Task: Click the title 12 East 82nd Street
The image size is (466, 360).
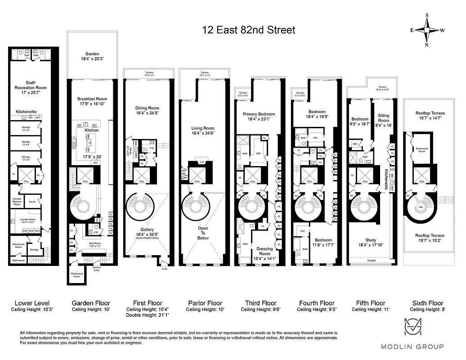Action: point(249,30)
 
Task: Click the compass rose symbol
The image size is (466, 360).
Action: point(427,30)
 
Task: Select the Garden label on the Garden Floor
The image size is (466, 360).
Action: point(92,54)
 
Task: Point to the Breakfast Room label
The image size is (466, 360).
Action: point(92,99)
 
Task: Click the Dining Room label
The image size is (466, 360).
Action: point(148,108)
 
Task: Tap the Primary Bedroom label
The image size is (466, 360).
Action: point(259,114)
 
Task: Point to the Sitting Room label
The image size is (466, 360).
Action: point(383,118)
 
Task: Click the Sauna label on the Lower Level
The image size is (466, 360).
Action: point(32,202)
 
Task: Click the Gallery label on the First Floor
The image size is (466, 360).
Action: point(147,229)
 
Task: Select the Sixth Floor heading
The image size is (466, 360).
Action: point(427,303)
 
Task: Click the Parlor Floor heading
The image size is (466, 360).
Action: point(205,303)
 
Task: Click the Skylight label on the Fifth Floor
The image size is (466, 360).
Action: point(371,261)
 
